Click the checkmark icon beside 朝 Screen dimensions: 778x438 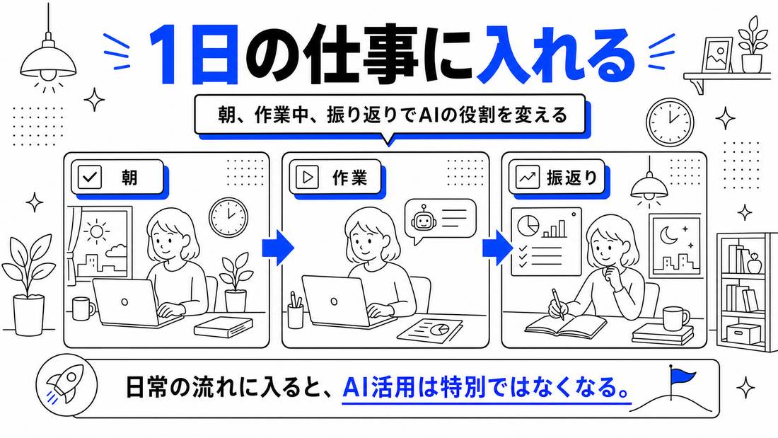click(x=90, y=178)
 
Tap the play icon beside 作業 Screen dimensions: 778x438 click(x=307, y=178)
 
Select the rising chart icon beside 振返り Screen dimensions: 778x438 click(x=527, y=178)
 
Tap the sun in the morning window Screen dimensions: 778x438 click(x=96, y=231)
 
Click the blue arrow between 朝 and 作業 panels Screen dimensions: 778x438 click(x=278, y=247)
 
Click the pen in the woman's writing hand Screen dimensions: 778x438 click(x=558, y=304)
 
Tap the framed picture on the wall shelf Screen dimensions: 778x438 click(x=718, y=54)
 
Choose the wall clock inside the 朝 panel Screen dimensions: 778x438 click(x=228, y=217)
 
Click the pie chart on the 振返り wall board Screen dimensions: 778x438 click(x=528, y=226)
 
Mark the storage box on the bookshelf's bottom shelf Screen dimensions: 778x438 click(x=743, y=333)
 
